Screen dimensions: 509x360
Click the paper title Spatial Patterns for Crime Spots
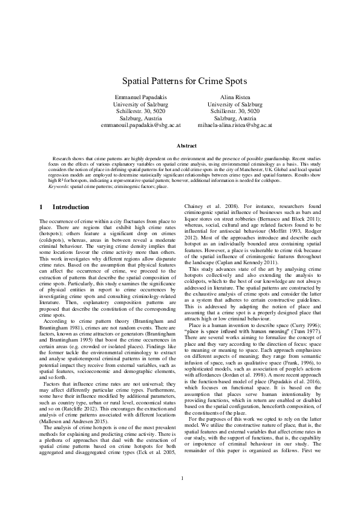180,80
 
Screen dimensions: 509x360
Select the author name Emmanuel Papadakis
140,97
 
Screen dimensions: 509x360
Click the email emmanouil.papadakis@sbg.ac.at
140,126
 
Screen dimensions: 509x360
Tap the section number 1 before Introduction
41,207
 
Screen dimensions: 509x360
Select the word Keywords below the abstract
59,187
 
